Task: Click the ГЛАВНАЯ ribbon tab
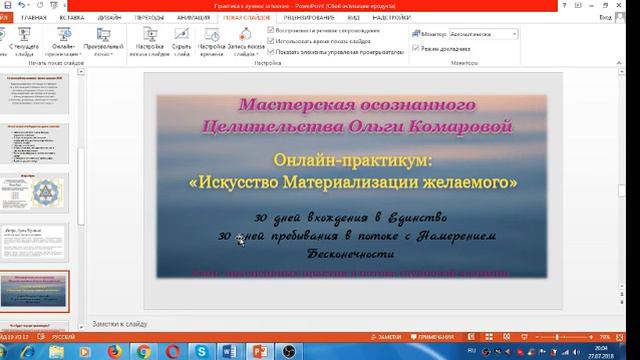tap(33, 17)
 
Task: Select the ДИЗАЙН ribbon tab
tap(111, 17)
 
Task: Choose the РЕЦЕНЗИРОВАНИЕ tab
tap(309, 17)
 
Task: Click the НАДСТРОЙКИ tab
tap(394, 17)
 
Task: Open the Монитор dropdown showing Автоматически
tap(484, 33)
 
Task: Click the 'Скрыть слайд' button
tap(180, 46)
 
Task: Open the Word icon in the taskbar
tap(228, 351)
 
